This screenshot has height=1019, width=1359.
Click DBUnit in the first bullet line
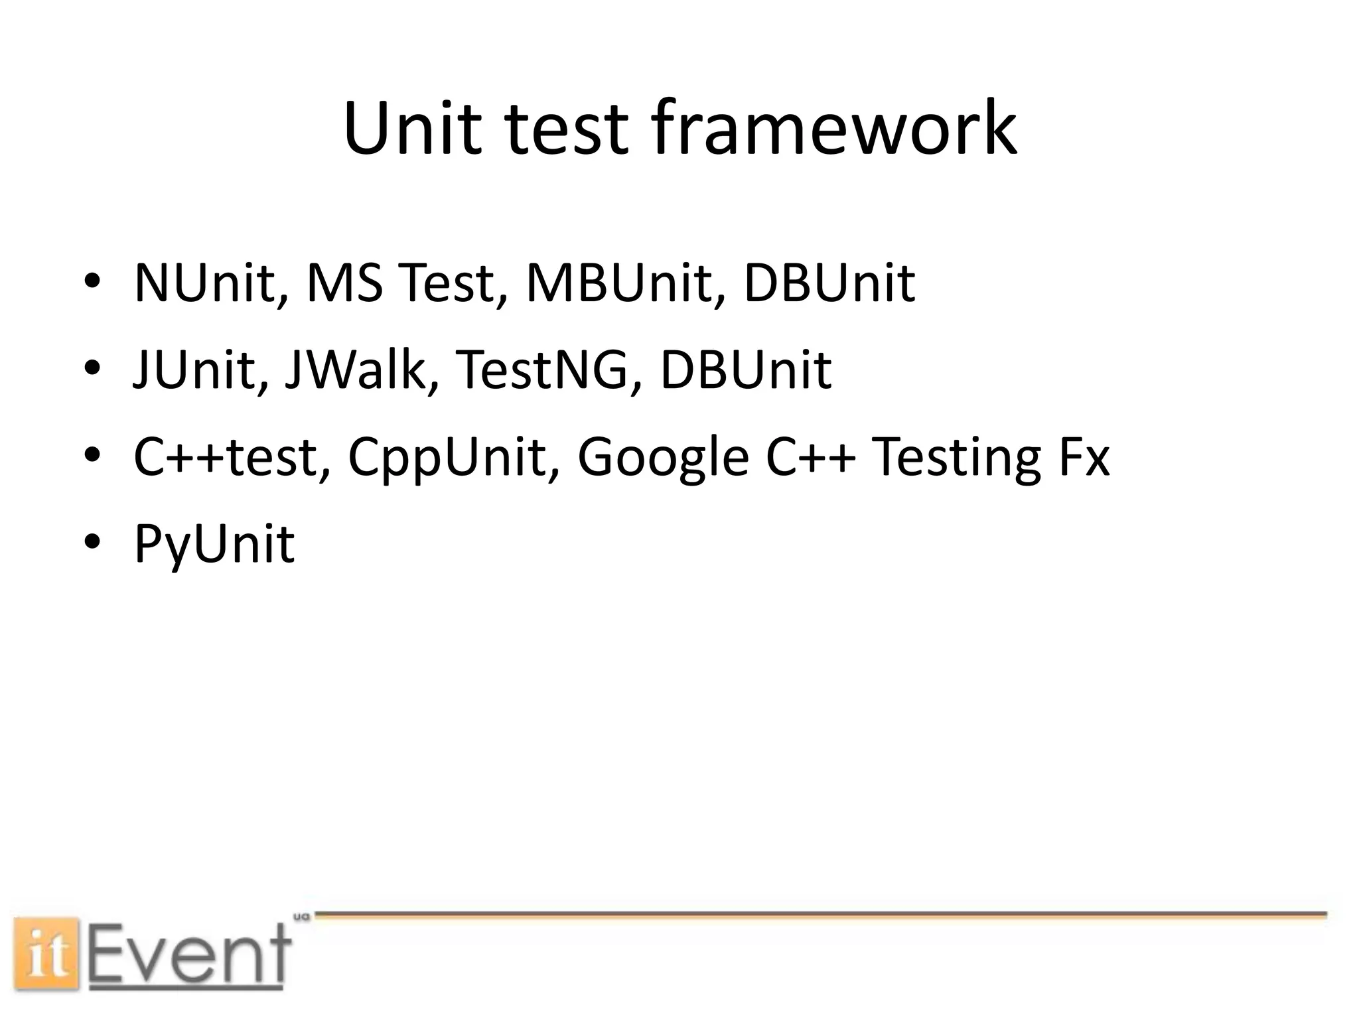pos(829,283)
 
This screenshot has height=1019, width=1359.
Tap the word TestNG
pos(541,370)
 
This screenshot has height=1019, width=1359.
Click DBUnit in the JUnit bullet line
pos(745,370)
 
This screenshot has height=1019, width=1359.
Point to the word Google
pos(664,458)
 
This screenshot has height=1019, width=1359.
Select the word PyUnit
pos(214,544)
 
